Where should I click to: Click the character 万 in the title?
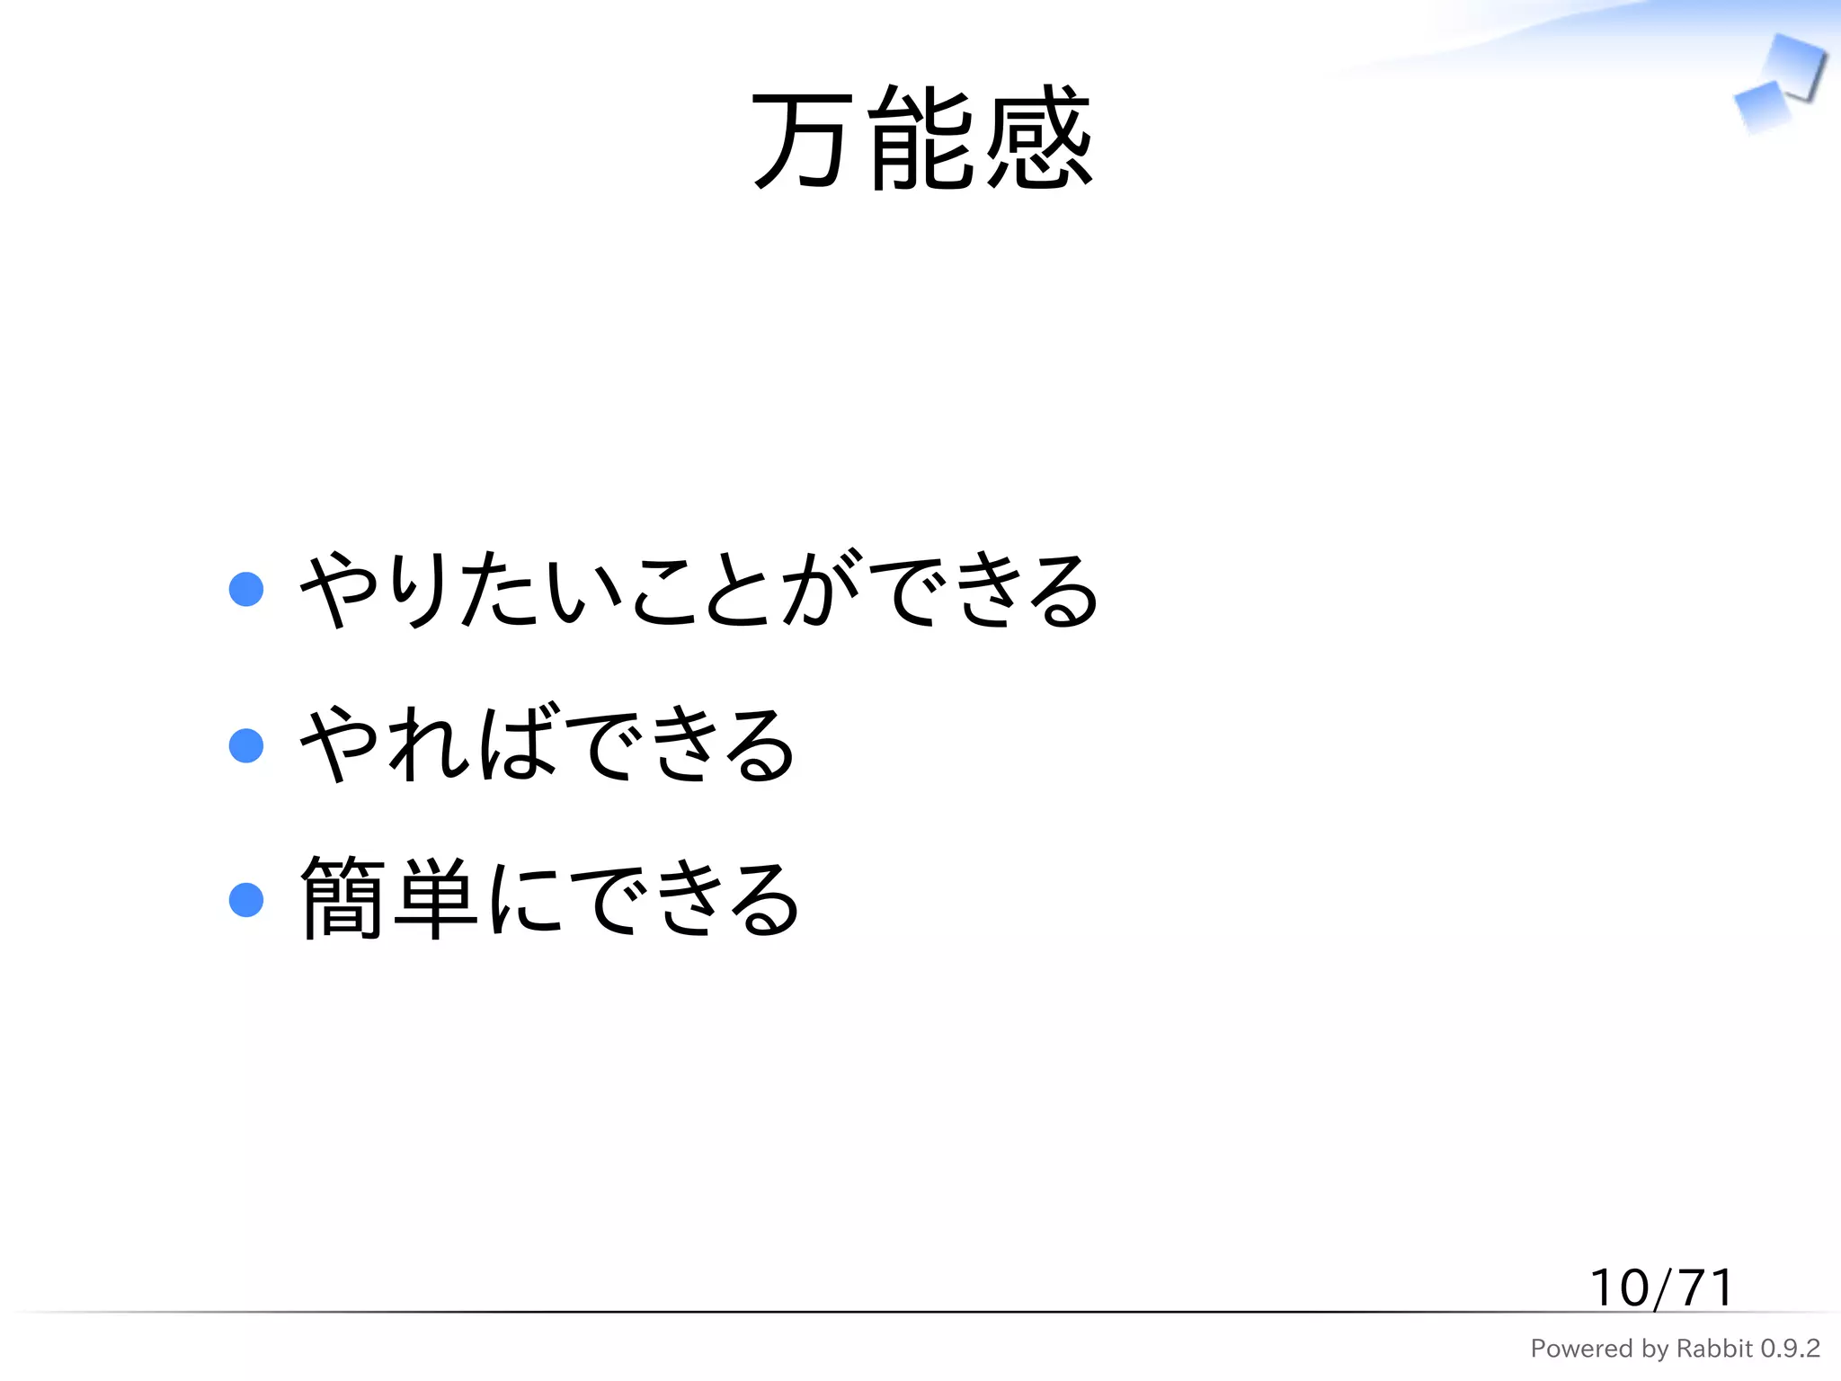(800, 139)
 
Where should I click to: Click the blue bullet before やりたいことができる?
(246, 590)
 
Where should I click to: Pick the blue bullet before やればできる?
(246, 745)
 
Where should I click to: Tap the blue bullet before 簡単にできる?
(246, 900)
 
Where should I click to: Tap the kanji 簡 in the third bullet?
(342, 899)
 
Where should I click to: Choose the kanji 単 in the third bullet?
(436, 899)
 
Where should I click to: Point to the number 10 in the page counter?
(1620, 1287)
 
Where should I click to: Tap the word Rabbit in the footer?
(1714, 1349)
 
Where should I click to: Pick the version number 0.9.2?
(1790, 1349)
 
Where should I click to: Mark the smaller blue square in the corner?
(1760, 107)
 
